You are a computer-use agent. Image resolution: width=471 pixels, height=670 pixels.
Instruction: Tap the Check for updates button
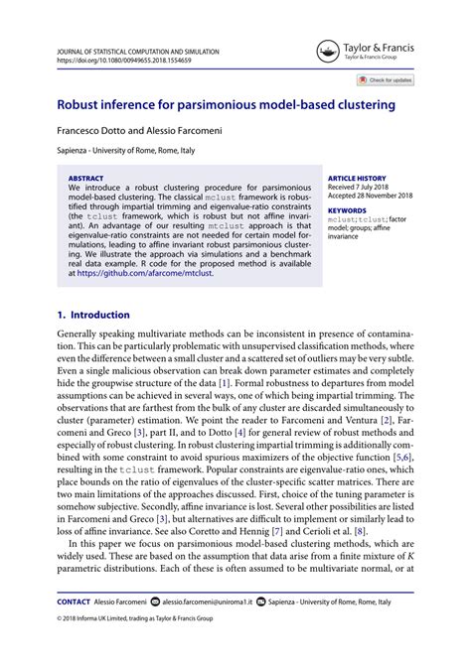(386, 80)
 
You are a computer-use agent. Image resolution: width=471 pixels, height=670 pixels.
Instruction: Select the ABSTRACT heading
(85, 179)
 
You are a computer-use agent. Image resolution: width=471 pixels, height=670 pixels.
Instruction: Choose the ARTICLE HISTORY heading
(358, 179)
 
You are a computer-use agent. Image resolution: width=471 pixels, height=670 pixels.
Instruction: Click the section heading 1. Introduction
(93, 314)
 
